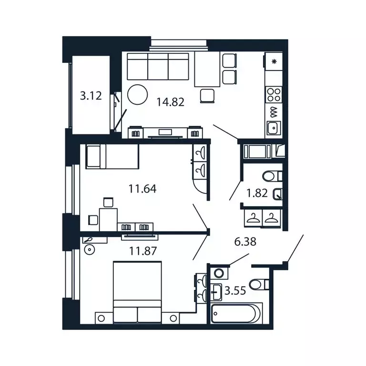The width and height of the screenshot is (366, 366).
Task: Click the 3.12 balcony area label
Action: coord(91,96)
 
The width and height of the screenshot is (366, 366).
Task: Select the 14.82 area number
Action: coord(171,101)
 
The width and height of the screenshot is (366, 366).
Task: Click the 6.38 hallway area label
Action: coord(245,242)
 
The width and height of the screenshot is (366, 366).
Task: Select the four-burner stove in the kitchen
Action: coord(274,93)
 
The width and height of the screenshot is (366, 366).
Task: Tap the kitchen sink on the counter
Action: coord(274,128)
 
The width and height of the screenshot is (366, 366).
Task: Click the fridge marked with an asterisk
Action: coord(274,61)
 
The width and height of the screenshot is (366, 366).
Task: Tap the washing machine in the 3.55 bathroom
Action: coord(219,274)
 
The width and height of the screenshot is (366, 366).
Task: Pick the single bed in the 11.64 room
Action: coord(112,157)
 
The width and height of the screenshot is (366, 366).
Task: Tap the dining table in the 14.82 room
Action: coord(207,69)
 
